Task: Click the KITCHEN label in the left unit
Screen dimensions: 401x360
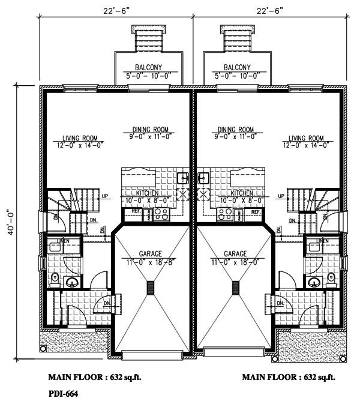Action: (x=148, y=193)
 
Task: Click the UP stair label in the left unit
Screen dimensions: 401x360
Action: (x=104, y=196)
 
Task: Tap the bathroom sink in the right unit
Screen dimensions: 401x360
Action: (x=312, y=283)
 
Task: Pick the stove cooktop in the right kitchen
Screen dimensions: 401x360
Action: (x=226, y=213)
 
